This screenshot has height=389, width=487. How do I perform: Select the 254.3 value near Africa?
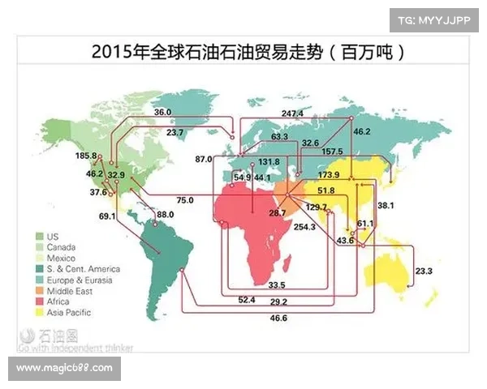coord(304,227)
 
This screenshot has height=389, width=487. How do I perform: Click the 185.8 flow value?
coord(87,156)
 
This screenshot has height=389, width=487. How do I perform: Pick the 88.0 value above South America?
coord(165,215)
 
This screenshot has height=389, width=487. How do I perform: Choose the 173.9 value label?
coord(329,175)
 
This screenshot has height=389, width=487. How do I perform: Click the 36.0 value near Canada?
coord(162,112)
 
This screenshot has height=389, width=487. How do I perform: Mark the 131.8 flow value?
coord(269,162)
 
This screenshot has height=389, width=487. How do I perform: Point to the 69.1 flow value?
coord(108,216)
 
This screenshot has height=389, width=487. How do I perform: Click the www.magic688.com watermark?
coord(64,369)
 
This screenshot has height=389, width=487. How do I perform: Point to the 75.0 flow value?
coord(184,199)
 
